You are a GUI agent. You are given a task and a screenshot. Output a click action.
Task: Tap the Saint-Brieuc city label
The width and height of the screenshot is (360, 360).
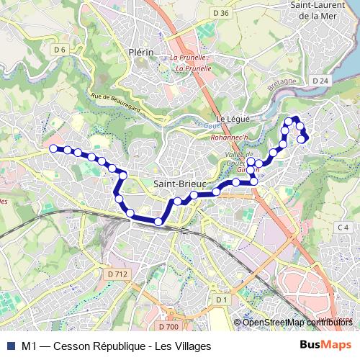[181, 184]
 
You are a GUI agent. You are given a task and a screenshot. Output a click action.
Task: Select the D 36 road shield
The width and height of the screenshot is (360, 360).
[221, 13]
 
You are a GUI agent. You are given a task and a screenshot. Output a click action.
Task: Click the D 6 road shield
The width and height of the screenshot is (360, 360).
[60, 49]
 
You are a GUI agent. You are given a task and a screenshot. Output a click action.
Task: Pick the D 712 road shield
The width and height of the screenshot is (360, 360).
[117, 274]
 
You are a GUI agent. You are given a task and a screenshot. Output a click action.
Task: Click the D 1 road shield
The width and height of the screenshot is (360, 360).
[221, 299]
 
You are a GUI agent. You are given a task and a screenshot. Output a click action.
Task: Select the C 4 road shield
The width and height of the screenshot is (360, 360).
[343, 228]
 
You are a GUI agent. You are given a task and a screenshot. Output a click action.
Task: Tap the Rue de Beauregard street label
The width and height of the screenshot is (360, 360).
[115, 102]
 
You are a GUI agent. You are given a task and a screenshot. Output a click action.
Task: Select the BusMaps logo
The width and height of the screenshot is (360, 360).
[325, 345]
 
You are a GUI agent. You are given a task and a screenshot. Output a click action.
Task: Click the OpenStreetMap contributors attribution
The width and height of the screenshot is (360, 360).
[298, 322]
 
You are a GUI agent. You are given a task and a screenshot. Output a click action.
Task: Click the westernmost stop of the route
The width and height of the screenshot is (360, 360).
[53, 148]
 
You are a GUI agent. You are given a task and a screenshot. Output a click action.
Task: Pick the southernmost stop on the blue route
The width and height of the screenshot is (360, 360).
[158, 221]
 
